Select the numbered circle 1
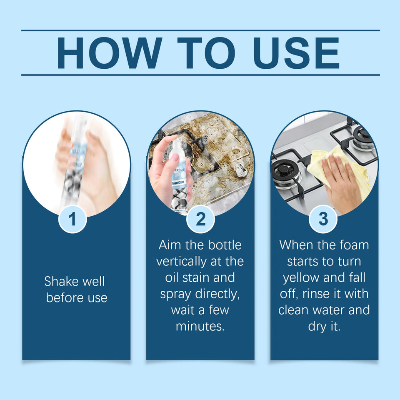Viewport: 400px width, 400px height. pos(72,219)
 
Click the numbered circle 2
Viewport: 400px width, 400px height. pos(200,219)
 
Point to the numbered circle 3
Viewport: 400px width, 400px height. pos(323,219)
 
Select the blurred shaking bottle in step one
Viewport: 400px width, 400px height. pos(74,163)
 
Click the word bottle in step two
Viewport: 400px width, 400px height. pos(225,245)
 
